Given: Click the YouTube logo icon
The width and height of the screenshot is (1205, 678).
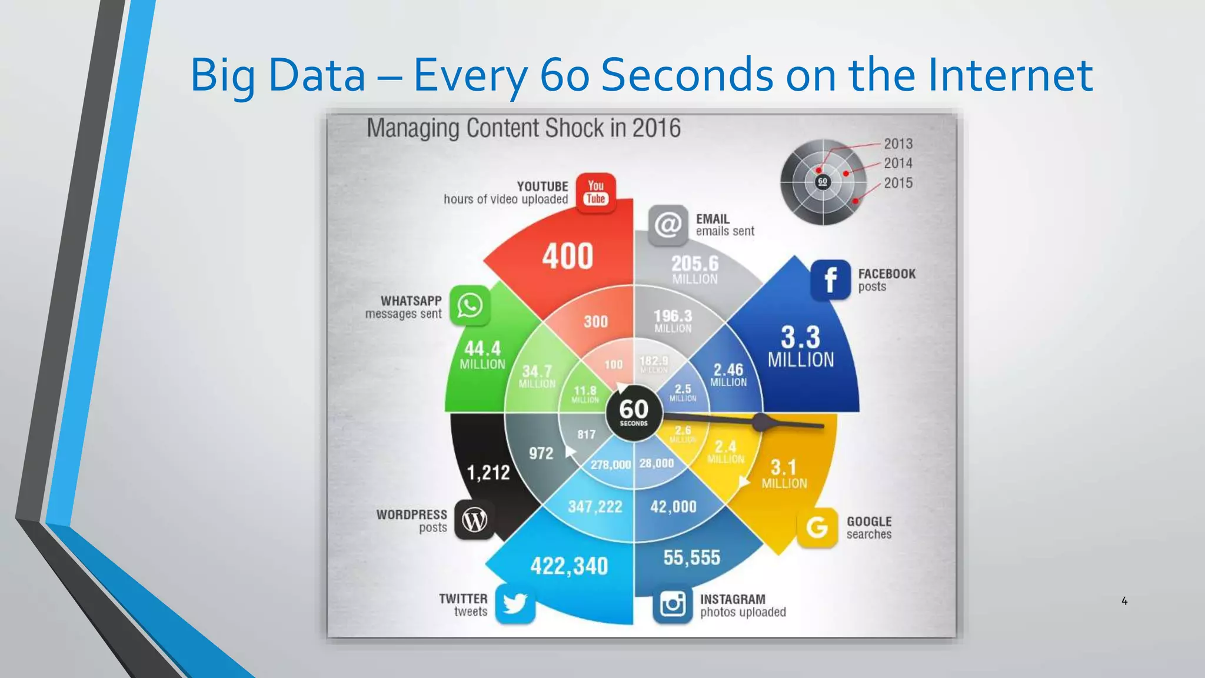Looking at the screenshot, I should coord(595,192).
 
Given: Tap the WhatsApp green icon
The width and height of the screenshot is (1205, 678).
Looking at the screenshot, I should coord(470,305).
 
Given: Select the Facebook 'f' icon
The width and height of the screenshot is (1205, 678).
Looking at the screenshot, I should coord(830,280).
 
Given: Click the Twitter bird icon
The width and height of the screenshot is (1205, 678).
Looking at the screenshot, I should coord(515,604).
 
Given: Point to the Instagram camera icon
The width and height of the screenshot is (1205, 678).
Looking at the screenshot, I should coord(673,604).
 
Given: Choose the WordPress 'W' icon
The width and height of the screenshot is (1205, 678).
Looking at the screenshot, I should coord(474,520).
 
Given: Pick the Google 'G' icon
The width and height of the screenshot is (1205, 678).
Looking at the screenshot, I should coord(817,527).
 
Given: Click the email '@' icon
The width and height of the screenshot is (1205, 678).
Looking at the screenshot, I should coord(668,225).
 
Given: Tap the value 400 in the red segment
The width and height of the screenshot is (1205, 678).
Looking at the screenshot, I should coord(567,257).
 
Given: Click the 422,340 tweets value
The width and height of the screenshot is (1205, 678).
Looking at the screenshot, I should coord(569,566).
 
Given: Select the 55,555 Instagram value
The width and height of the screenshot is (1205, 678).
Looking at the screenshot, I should coord(691,557).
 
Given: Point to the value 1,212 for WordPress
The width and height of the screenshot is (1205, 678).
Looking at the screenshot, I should coord(488,472).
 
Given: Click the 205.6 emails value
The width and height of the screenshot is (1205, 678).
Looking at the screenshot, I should coord(695,264).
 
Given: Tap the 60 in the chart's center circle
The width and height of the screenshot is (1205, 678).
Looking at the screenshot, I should coord(634,409).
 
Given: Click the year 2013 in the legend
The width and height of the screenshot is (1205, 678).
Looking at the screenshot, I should coord(898,144).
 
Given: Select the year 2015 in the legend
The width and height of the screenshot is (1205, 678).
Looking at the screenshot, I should coord(898,183).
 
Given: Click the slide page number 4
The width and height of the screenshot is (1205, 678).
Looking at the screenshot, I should coord(1124,601).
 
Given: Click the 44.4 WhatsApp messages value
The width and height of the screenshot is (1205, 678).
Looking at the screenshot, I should coord(482,348).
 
